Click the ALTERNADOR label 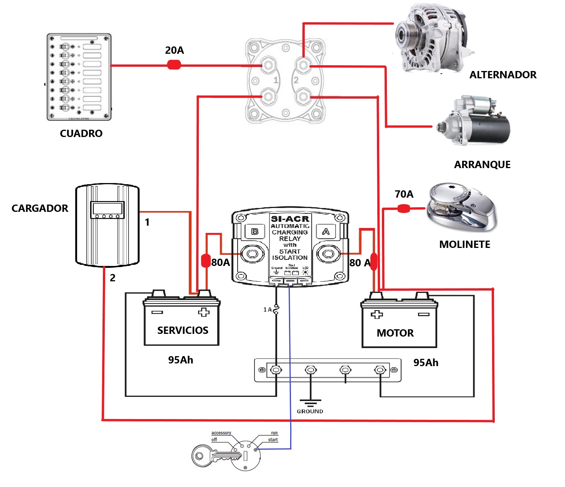click(502, 75)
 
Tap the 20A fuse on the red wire click(174, 65)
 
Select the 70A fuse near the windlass click(403, 209)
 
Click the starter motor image click(474, 121)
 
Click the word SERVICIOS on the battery click(183, 330)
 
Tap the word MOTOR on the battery click(395, 333)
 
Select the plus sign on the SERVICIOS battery click(204, 312)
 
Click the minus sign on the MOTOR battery click(423, 314)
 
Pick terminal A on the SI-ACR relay click(328, 254)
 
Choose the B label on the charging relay click(255, 231)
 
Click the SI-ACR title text click(290, 219)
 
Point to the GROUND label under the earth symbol click(310, 411)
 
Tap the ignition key click(215, 456)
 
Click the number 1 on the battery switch click(276, 80)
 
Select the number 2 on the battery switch click(296, 80)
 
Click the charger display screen click(107, 209)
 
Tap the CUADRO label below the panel click(81, 134)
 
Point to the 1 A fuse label click(267, 309)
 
